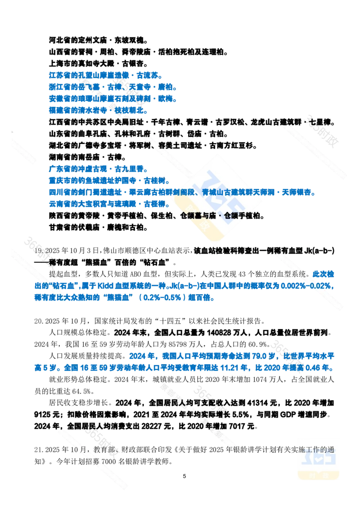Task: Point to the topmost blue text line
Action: pos(104,75)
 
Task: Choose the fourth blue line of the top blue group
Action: pos(96,110)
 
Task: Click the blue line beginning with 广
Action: pos(97,170)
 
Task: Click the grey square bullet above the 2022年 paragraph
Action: pos(38,320)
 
